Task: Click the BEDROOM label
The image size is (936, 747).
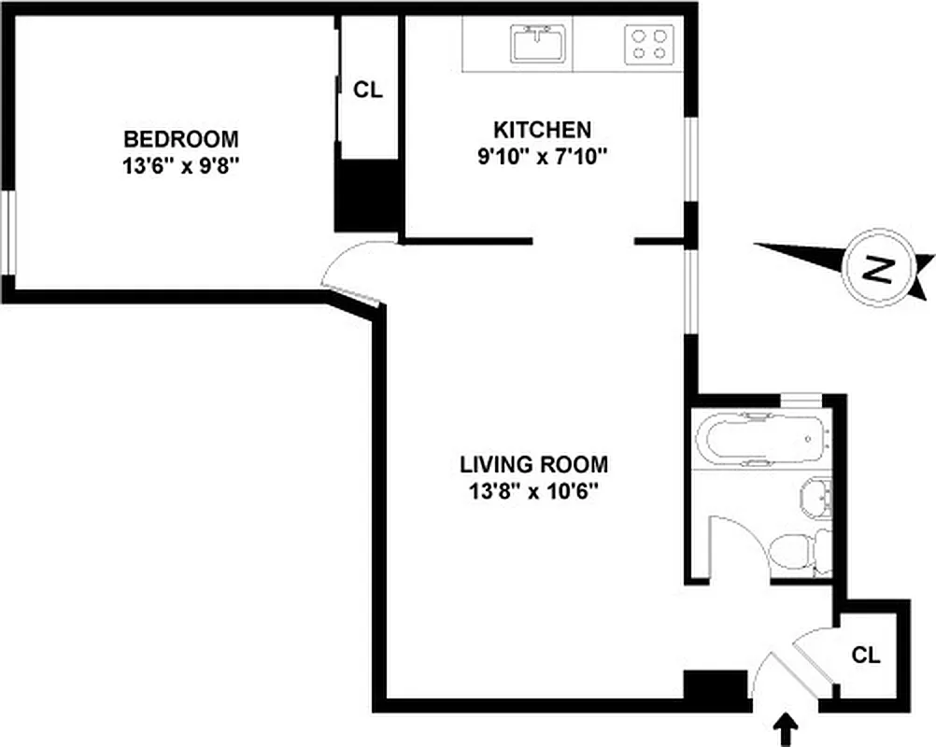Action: click(x=181, y=139)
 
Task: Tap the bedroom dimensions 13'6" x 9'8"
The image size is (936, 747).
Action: click(x=181, y=165)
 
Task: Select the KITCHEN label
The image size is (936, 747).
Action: click(x=542, y=130)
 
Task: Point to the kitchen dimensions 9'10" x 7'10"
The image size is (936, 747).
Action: click(x=542, y=156)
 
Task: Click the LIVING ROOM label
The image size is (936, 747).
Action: click(x=533, y=464)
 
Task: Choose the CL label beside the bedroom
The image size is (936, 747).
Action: click(x=367, y=90)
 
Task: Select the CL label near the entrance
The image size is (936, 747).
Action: click(x=866, y=655)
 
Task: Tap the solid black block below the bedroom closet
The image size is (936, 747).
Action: click(x=367, y=196)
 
